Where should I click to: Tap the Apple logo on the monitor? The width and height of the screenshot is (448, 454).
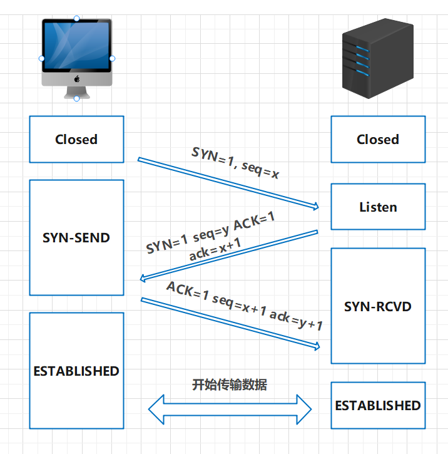click(77, 80)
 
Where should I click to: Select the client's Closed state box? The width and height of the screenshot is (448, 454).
click(76, 139)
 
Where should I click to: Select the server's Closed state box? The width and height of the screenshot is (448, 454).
click(378, 139)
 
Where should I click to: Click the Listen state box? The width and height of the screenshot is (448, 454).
click(378, 207)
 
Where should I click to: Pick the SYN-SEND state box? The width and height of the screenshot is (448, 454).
click(76, 238)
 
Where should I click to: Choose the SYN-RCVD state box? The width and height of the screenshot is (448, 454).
click(378, 306)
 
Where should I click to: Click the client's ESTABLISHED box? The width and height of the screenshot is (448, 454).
click(76, 371)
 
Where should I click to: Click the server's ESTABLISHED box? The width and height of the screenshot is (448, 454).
click(378, 406)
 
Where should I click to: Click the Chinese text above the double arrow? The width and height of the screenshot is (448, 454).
click(230, 384)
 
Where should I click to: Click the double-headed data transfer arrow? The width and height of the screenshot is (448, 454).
click(230, 410)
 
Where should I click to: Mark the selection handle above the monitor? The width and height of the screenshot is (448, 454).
click(77, 19)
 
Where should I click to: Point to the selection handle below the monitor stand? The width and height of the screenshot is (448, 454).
click(77, 98)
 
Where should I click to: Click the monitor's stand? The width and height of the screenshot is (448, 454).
click(77, 93)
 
